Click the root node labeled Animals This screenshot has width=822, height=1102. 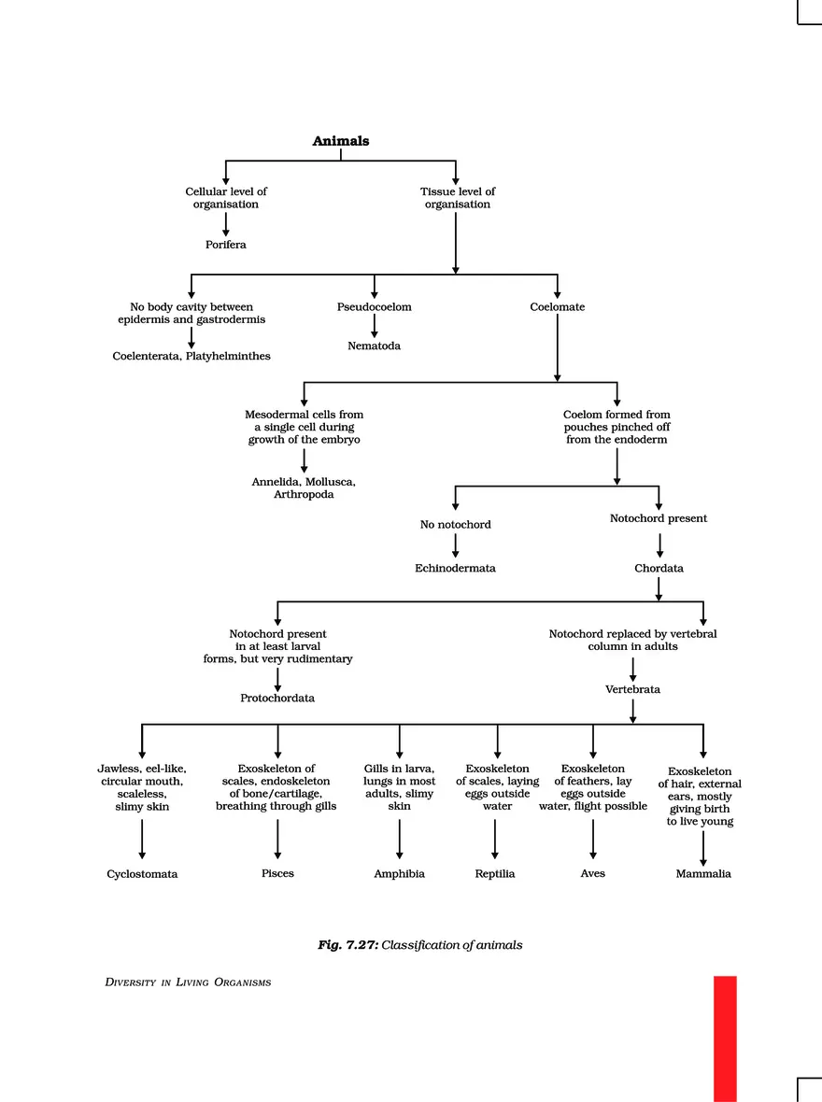tap(340, 141)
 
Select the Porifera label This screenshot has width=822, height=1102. tap(225, 245)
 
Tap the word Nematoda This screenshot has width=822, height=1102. tap(374, 346)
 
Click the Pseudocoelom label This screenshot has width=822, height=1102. tap(374, 307)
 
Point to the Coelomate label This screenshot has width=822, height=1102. tap(557, 307)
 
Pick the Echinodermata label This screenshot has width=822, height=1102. tap(455, 568)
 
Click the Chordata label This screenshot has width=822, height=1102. tap(659, 568)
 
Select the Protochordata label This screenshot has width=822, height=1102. tap(277, 698)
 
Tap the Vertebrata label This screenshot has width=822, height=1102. tap(632, 689)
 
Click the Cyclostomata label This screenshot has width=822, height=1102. tap(142, 874)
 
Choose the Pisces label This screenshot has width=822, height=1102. tap(277, 873)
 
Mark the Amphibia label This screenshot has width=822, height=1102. tap(399, 874)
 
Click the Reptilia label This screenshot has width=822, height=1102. tap(495, 874)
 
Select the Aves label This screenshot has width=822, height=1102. tap(592, 873)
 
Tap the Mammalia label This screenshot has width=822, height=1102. tap(703, 874)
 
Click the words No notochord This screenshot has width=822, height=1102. tap(455, 525)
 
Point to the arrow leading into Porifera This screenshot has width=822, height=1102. tap(225, 224)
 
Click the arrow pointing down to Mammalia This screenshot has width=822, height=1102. tap(703, 849)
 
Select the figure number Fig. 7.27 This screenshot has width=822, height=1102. tap(347, 945)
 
